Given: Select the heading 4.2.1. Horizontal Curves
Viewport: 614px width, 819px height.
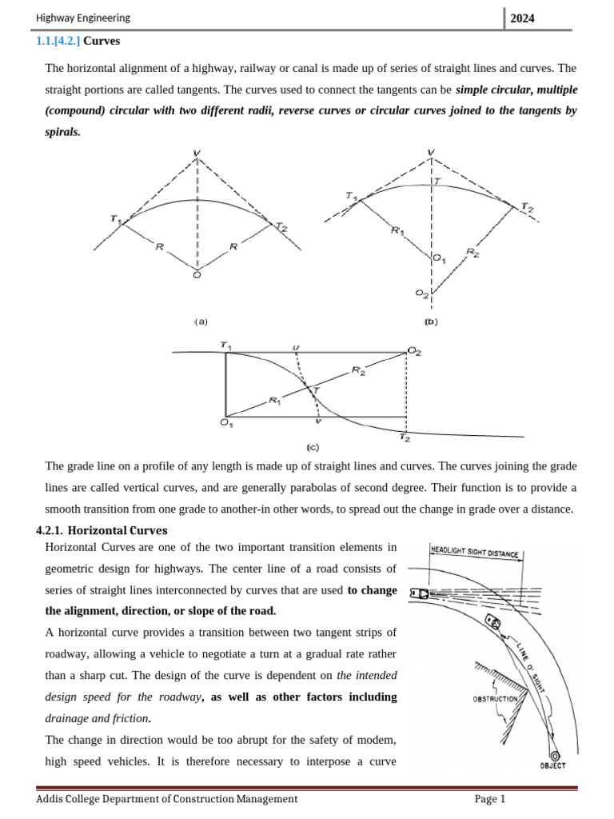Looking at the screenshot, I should (102, 529).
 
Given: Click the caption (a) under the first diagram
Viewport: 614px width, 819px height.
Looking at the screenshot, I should (200, 322).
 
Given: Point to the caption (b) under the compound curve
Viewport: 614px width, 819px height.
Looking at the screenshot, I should (431, 322).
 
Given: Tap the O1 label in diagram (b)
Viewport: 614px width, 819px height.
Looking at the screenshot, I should (439, 258).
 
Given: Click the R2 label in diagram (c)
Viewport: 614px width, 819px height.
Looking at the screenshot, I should (358, 371).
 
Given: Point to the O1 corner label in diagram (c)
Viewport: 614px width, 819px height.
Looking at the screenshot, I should (226, 424).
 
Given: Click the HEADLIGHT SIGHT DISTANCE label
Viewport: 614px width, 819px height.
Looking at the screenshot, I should (475, 552).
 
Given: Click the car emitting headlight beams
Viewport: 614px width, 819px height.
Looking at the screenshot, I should (417, 593).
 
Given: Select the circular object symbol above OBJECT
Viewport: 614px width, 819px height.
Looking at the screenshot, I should (555, 755).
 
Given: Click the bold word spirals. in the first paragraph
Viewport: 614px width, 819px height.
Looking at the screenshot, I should (62, 132).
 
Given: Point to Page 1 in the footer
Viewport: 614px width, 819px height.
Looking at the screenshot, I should (490, 798).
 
